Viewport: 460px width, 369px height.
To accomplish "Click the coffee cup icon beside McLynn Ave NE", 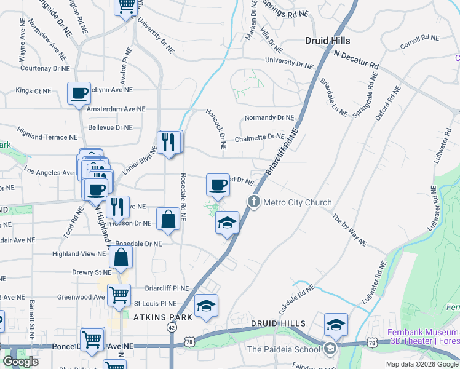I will pos(79,93).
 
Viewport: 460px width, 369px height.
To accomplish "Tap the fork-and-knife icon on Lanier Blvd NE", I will pos(170,142).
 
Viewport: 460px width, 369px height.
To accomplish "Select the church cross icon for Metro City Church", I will pos(253,202).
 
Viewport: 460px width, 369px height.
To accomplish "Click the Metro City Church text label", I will pos(297,202).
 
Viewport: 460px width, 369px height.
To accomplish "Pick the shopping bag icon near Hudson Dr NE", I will pos(168,219).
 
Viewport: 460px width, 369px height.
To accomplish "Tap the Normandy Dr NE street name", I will pos(269,117).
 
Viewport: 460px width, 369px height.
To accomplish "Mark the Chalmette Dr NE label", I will pos(260,137).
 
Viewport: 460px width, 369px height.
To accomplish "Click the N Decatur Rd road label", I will pos(356,59).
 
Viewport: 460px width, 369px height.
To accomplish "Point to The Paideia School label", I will pos(284,350).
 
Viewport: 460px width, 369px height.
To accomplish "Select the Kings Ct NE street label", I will pos(33,91).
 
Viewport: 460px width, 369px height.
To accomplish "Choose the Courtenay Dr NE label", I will pos(39,69).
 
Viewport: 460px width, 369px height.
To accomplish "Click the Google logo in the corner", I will pos(20,362).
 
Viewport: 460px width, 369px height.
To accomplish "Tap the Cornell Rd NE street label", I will pos(419,38).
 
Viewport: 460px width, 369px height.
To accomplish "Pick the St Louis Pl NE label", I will pos(155,303).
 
